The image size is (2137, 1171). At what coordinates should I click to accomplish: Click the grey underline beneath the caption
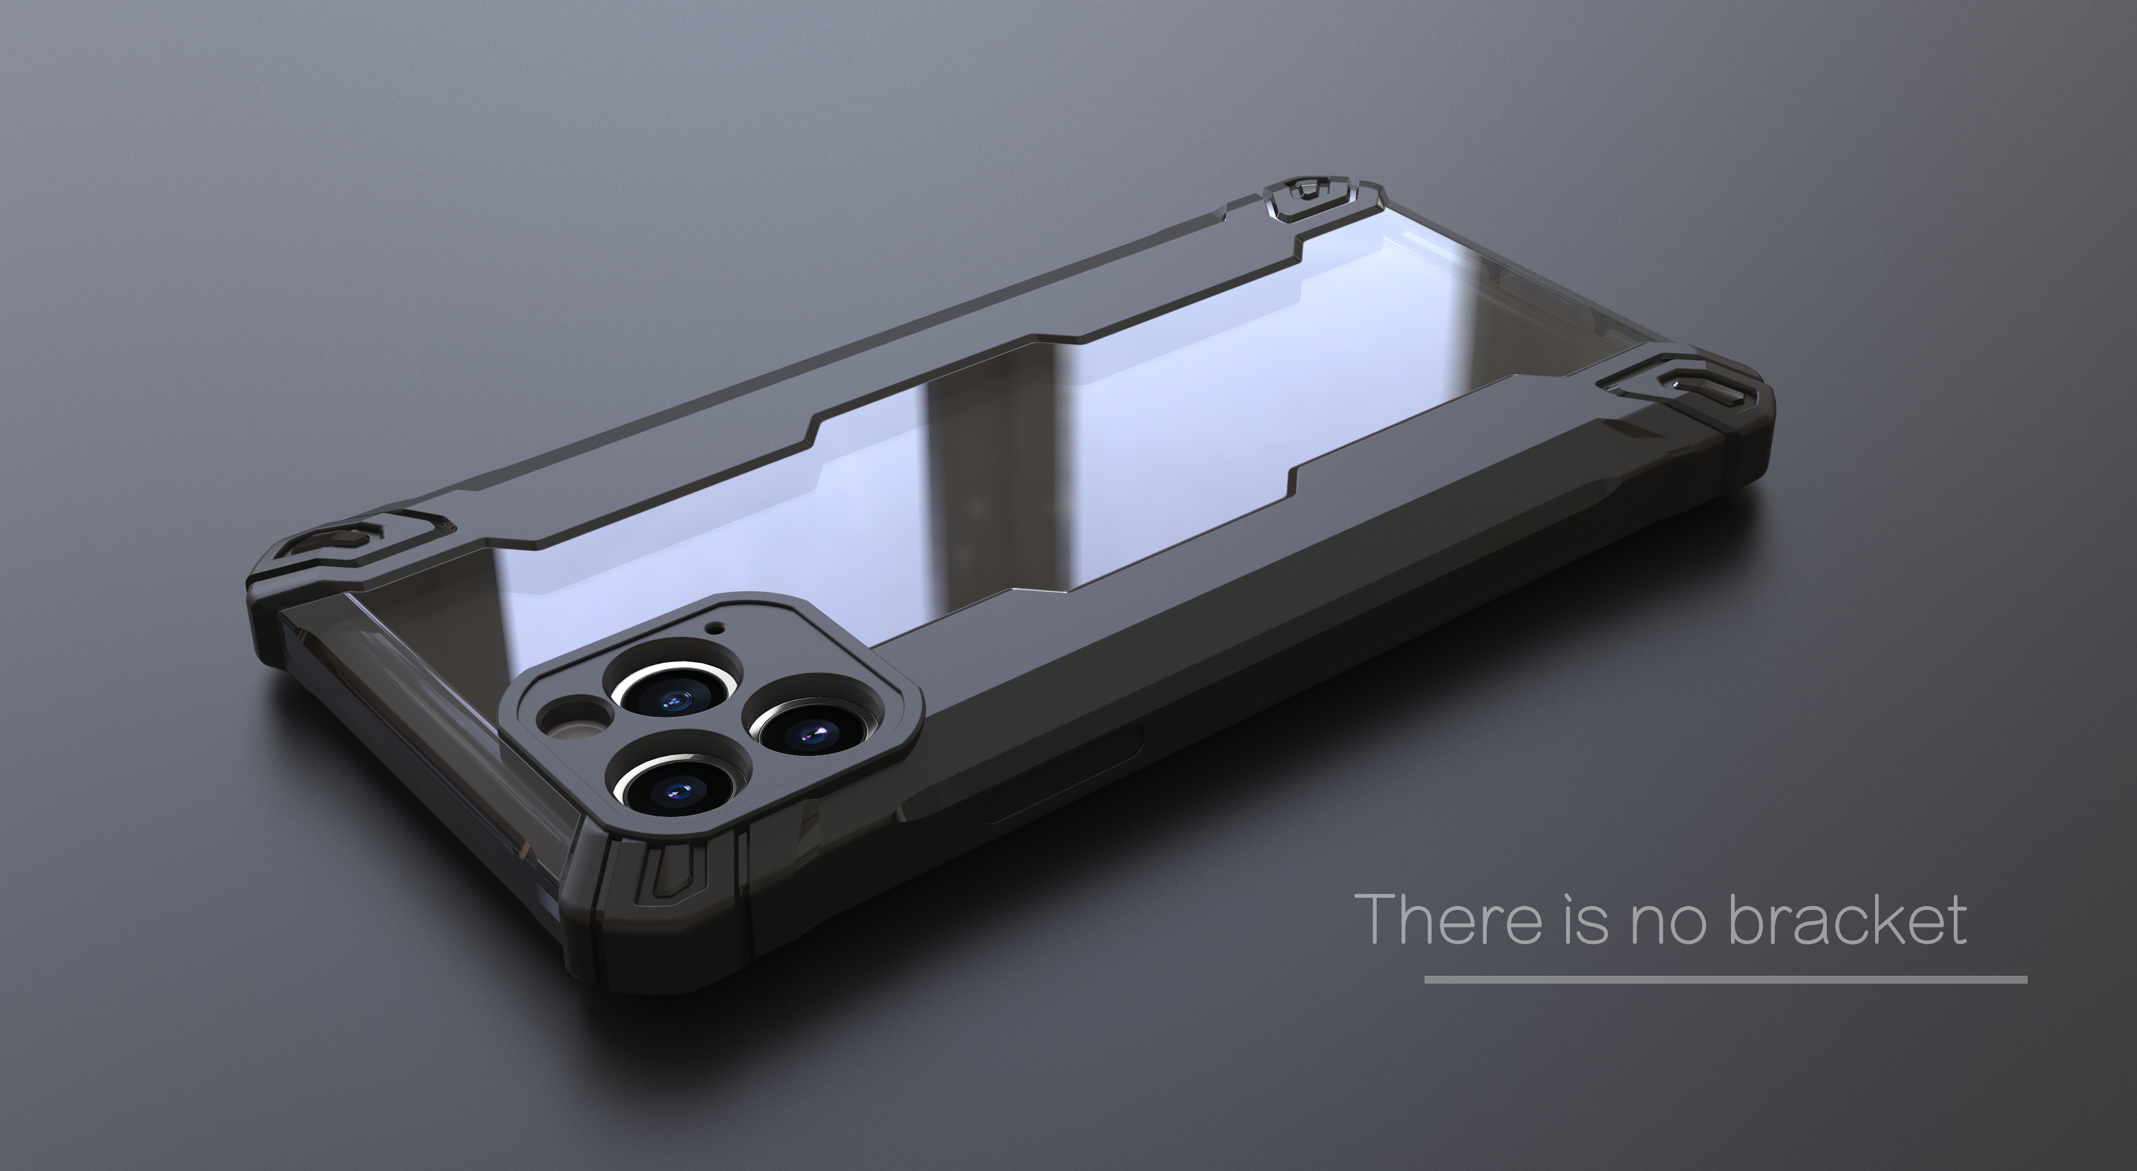click(x=1725, y=979)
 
